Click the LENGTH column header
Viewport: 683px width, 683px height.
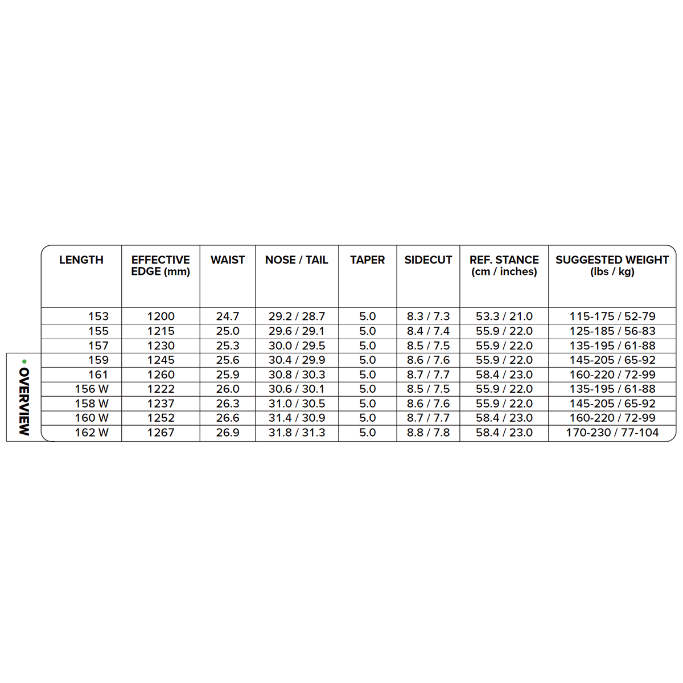point(81,260)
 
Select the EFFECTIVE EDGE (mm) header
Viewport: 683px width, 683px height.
point(161,266)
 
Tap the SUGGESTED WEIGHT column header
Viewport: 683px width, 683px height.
point(612,266)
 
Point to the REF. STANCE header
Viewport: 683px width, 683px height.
point(504,266)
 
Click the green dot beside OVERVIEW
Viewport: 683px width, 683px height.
point(24,361)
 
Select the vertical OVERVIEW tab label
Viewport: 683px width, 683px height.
point(24,401)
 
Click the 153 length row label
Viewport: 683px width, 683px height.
point(98,316)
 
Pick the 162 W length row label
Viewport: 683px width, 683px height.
point(92,433)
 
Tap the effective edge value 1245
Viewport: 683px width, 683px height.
point(161,360)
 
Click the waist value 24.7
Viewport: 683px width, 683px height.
point(228,316)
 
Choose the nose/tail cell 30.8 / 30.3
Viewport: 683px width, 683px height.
point(297,375)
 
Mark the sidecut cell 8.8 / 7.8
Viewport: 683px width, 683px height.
point(428,433)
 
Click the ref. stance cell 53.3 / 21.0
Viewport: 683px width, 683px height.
point(504,316)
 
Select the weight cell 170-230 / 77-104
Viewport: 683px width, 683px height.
point(612,433)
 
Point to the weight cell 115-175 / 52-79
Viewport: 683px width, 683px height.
point(612,316)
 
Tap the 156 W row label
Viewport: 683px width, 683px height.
point(92,389)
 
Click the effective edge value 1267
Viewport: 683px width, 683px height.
point(161,433)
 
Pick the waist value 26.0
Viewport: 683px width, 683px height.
point(228,389)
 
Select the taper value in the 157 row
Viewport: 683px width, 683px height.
point(367,345)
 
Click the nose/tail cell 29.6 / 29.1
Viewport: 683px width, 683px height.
point(297,331)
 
